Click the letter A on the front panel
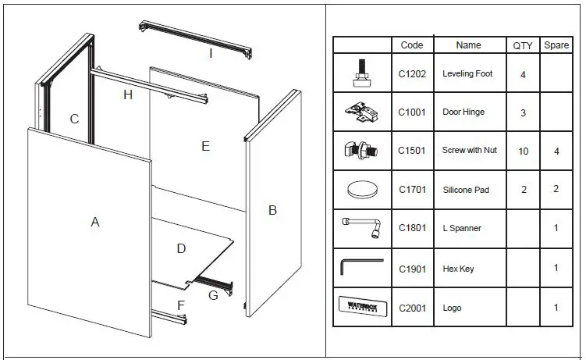[x=95, y=223]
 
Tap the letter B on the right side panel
[x=272, y=210]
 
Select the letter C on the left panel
[x=74, y=119]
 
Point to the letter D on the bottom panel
[x=181, y=249]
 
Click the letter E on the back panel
[x=205, y=146]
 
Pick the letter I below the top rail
[x=210, y=53]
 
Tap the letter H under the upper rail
[x=128, y=95]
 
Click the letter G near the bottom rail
[x=212, y=294]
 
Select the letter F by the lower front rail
[x=181, y=305]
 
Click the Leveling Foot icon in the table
[x=361, y=73]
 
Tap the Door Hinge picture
[x=361, y=112]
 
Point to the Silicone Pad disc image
[x=361, y=190]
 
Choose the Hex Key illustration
[x=361, y=267]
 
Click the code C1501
[x=412, y=151]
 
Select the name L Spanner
[x=462, y=229]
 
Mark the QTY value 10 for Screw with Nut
[x=523, y=151]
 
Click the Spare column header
[x=556, y=45]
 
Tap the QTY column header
[x=523, y=45]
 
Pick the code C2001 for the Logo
[x=412, y=308]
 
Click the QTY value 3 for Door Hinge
[x=523, y=112]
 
